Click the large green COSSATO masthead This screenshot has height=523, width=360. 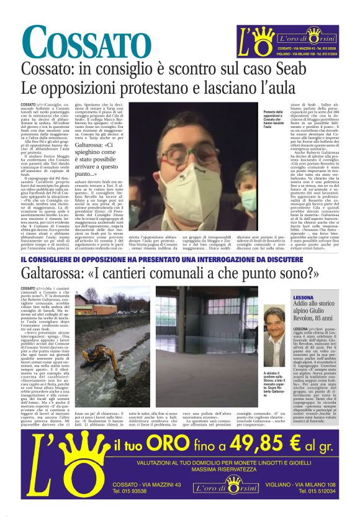[79, 44]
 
